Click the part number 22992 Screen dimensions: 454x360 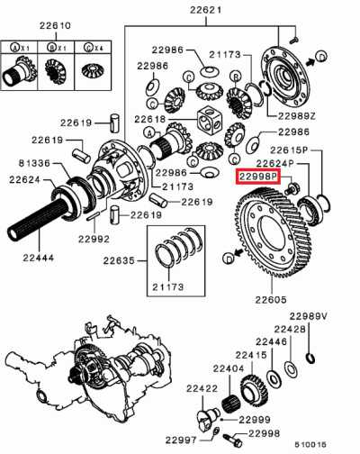tap(91, 239)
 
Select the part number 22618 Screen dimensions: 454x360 tap(150, 119)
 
